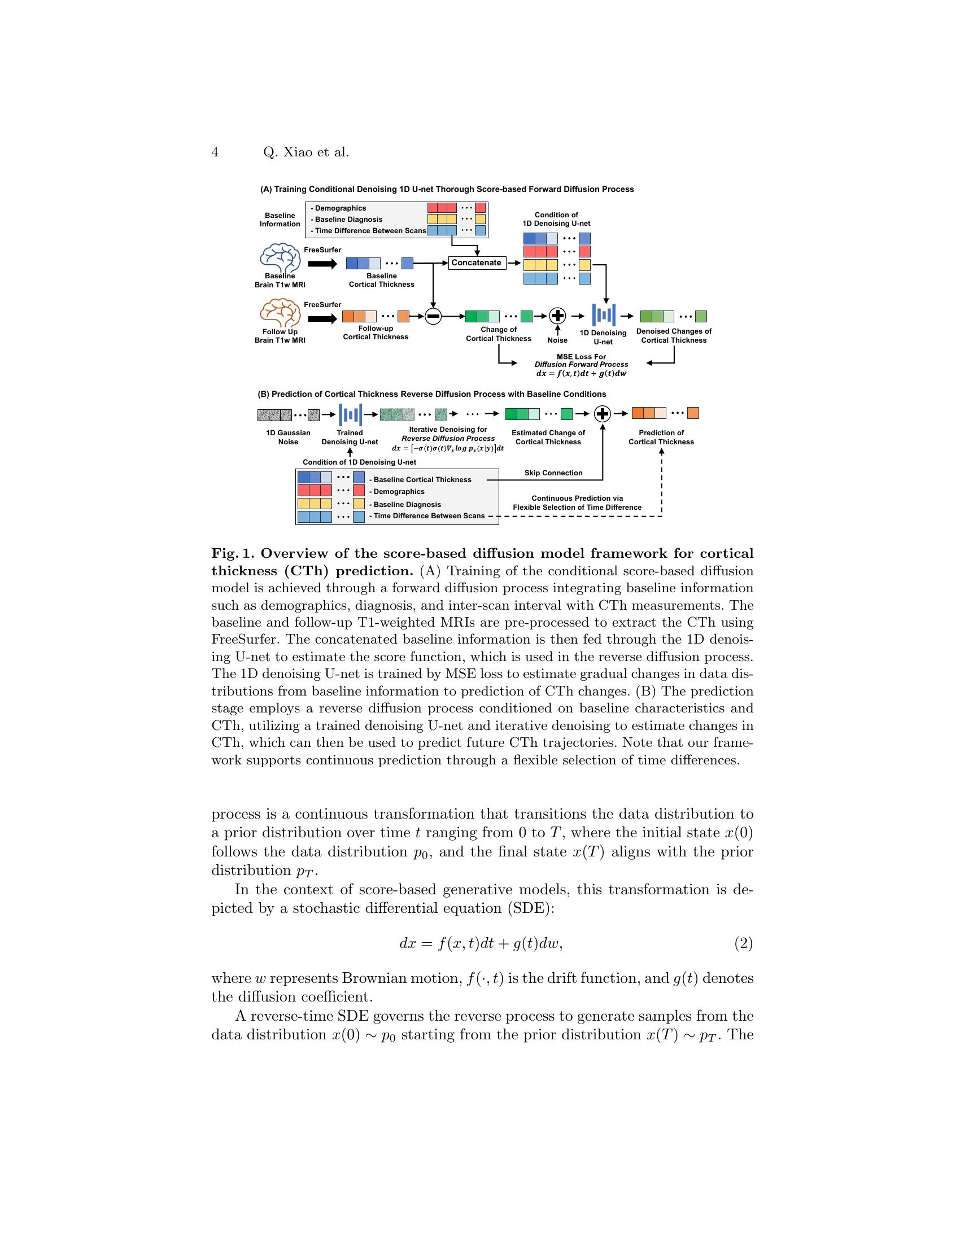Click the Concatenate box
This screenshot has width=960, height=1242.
477,263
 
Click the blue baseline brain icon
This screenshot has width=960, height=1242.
280,257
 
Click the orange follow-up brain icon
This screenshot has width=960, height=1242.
280,313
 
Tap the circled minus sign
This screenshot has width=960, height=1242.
433,316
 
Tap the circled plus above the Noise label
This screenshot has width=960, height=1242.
557,316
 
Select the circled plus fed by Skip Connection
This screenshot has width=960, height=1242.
603,413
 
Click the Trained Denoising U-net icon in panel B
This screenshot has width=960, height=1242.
350,414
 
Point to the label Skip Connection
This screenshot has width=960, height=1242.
553,473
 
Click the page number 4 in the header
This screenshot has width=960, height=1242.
215,152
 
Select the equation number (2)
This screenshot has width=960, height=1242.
743,943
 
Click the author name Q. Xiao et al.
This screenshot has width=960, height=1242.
306,152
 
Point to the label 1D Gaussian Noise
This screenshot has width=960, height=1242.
289,437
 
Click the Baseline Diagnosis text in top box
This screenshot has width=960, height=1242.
348,220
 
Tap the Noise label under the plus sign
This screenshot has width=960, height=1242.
557,340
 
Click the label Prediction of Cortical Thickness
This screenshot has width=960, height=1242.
661,437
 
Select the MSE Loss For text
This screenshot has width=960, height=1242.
581,357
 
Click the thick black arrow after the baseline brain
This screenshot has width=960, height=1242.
322,264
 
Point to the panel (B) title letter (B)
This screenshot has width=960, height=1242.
263,394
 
